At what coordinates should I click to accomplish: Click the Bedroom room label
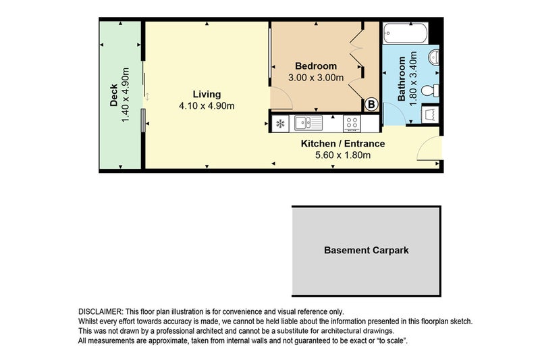coord(316,66)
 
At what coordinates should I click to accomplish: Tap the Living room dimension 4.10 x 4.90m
coord(207,106)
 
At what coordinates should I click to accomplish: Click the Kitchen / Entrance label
coord(342,143)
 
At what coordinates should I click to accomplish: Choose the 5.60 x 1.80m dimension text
coord(342,155)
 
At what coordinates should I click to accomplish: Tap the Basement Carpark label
coord(367,250)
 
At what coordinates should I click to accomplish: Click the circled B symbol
coord(371,104)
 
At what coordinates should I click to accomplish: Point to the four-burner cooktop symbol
coord(352,123)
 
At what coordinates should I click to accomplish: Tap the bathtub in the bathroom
coord(405,32)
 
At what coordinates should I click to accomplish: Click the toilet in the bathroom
coord(429,90)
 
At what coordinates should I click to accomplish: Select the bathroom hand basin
coord(434,57)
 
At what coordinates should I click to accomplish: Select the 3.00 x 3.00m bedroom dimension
coord(316,78)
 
